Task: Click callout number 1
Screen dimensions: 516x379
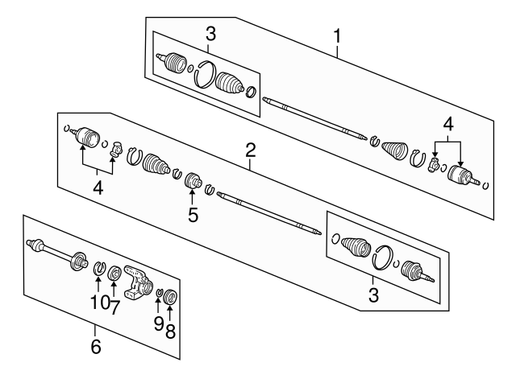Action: coord(337,36)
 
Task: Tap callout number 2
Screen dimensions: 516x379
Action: coord(251,150)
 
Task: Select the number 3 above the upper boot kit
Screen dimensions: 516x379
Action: coord(210,34)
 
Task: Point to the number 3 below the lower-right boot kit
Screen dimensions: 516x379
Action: coord(373,295)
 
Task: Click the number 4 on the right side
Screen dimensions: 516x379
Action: coord(448,126)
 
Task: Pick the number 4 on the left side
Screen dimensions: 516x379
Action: coord(98,188)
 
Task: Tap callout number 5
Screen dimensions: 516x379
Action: coord(193,215)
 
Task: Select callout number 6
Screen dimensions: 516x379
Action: coord(96,347)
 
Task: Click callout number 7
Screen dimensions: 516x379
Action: coord(114,307)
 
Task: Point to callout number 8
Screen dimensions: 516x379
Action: coord(170,331)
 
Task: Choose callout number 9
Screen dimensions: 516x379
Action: coord(159,323)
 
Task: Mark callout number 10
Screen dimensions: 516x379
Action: coord(99,302)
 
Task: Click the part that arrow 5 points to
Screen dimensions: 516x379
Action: coord(192,180)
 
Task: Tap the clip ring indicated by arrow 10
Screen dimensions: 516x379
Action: coord(98,267)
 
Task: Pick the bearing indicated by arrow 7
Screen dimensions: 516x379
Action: coord(114,272)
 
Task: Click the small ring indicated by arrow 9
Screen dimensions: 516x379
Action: coord(160,291)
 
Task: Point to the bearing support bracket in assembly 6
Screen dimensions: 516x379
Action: coord(138,282)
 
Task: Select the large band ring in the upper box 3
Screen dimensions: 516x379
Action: coord(205,75)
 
